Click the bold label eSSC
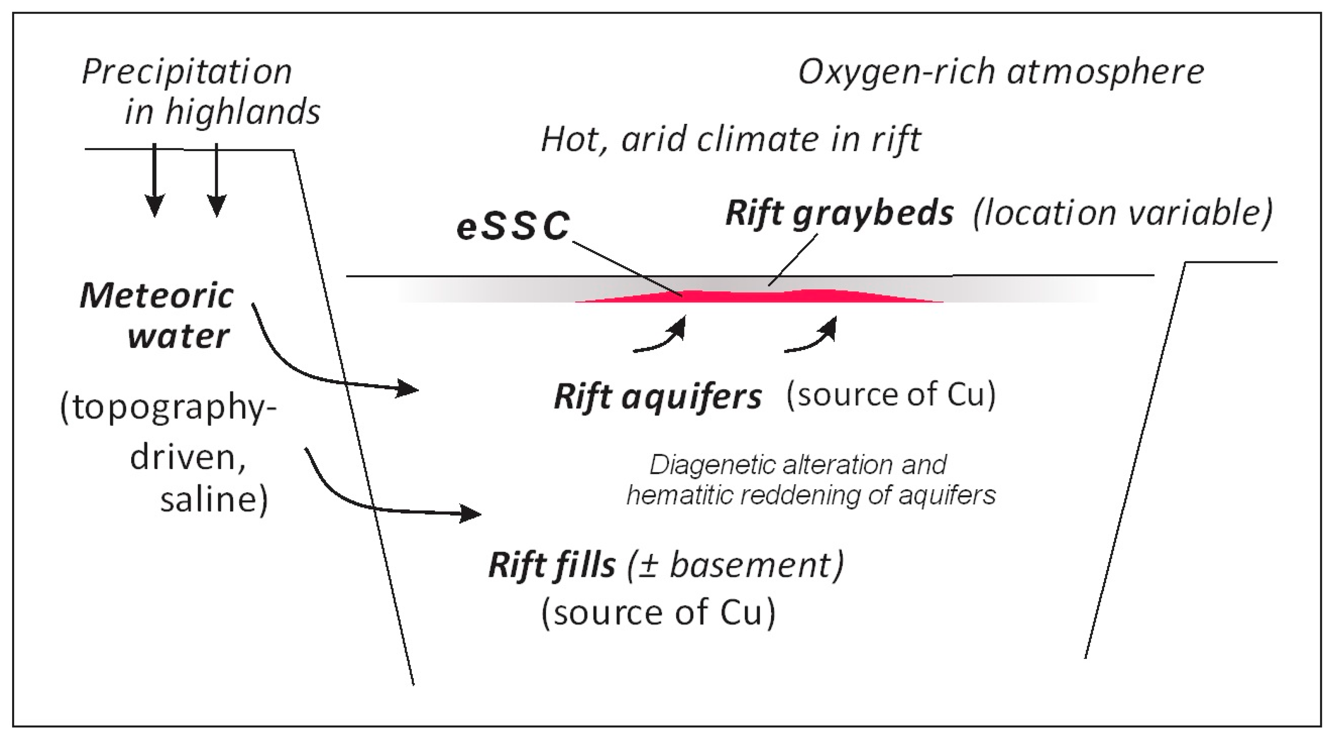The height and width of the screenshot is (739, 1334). point(513,227)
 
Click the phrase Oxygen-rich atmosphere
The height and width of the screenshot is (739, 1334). point(1001,73)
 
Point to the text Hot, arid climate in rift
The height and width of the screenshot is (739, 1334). point(730,140)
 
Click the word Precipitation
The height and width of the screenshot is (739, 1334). point(187,73)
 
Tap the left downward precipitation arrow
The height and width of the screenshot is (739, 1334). point(154,181)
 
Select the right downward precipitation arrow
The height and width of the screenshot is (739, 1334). point(216,181)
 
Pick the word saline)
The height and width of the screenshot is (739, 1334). point(214,500)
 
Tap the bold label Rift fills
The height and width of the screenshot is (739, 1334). point(552,566)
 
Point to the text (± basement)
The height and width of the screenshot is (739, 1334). point(736,566)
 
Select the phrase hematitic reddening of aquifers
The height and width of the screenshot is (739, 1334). point(811,495)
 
